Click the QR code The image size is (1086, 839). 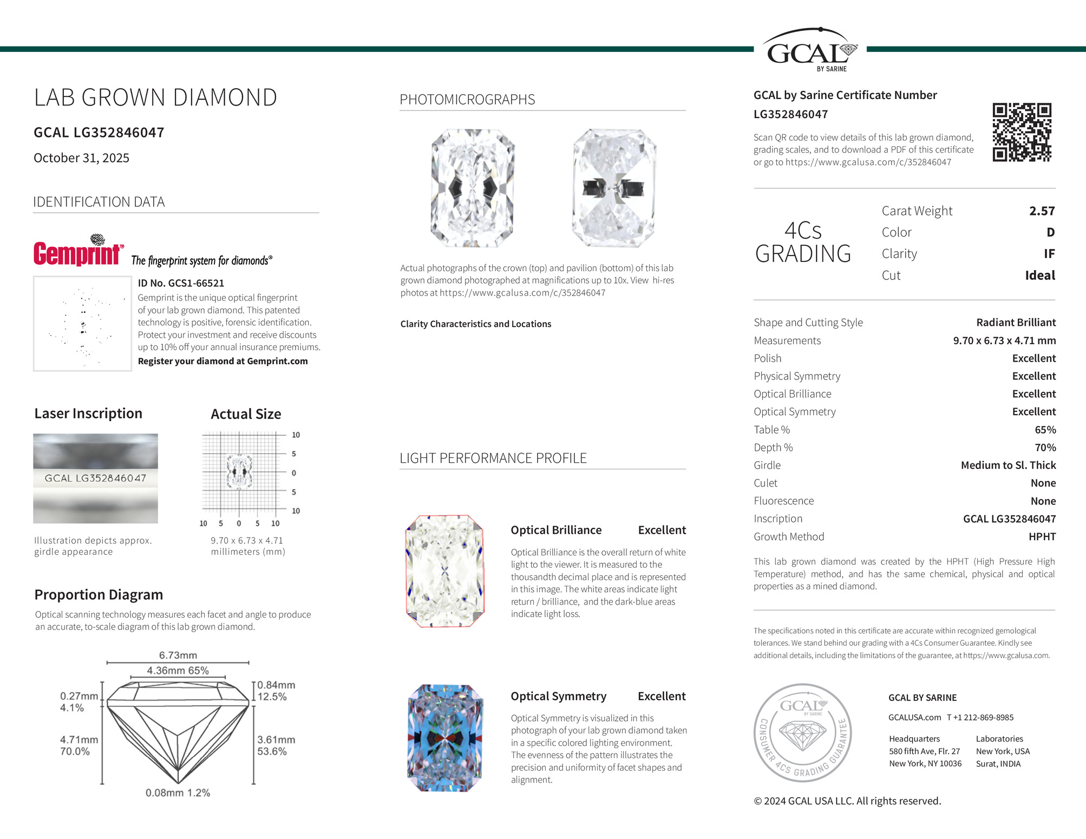point(1022,132)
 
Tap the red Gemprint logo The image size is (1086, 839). point(78,252)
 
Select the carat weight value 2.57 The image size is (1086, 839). point(1042,211)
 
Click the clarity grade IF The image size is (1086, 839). point(1049,254)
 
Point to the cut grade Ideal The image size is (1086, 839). point(1039,276)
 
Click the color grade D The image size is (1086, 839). point(1050,233)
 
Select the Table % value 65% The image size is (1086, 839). point(1045,430)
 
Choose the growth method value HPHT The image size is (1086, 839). point(1042,537)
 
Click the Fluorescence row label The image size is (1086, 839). point(783,501)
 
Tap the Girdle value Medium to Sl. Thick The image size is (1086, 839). point(1008,466)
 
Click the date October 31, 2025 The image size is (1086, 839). point(81,158)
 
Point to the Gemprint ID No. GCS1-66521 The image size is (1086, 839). point(181,283)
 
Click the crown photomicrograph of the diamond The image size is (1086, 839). point(473,188)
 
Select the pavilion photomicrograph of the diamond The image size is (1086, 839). point(614,188)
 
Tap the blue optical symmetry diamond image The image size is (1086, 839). point(444,738)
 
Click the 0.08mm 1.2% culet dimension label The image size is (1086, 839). point(178,793)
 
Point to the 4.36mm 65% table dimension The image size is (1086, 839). point(178,671)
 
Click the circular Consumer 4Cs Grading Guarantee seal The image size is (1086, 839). point(803,732)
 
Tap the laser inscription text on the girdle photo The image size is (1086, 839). point(95,479)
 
